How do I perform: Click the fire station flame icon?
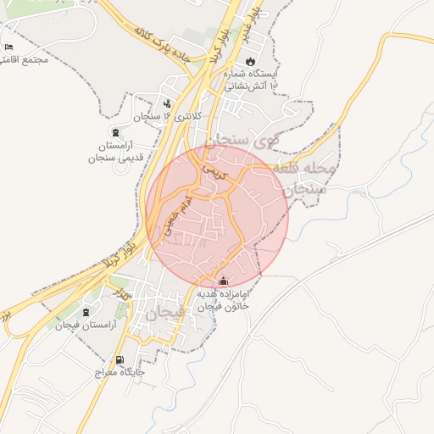(x=250, y=62)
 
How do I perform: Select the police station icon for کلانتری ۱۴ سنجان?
(x=167, y=104)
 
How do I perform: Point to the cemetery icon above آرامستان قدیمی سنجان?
(x=115, y=132)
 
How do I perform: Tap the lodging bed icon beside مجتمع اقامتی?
(x=8, y=47)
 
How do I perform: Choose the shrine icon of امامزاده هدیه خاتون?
(x=224, y=281)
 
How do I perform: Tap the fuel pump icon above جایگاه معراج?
(x=120, y=359)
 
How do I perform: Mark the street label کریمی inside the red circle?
(x=212, y=170)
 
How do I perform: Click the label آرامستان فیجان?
(x=84, y=325)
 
